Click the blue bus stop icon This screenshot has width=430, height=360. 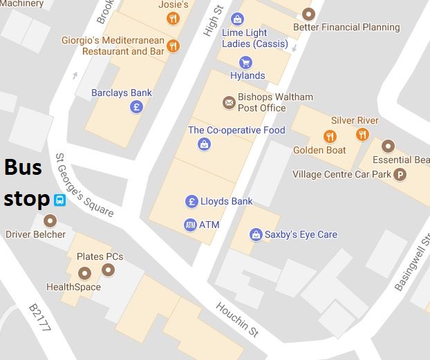tap(60, 200)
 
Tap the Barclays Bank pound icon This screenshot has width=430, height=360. tap(137, 107)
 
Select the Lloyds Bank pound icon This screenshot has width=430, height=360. tap(192, 201)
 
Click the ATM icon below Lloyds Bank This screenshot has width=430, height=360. tap(191, 225)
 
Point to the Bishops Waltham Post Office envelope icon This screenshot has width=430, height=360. tap(229, 102)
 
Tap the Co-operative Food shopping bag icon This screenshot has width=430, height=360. tap(204, 144)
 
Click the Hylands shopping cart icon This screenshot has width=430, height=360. tap(245, 63)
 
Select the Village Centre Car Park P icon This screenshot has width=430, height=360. tap(400, 175)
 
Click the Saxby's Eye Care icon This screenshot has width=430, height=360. tap(256, 234)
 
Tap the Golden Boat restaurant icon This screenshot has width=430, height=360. tap(330, 136)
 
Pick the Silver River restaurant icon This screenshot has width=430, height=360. tap(362, 134)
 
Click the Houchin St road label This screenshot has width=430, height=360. tap(236, 319)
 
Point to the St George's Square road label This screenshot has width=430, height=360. tap(84, 185)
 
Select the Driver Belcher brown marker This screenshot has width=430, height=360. tap(50, 220)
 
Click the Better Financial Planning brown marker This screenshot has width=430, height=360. tap(308, 14)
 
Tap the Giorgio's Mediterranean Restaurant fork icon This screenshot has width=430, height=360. tap(173, 46)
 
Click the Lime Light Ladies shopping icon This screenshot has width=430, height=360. tap(238, 19)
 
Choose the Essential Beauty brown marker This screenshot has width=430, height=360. tap(389, 146)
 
